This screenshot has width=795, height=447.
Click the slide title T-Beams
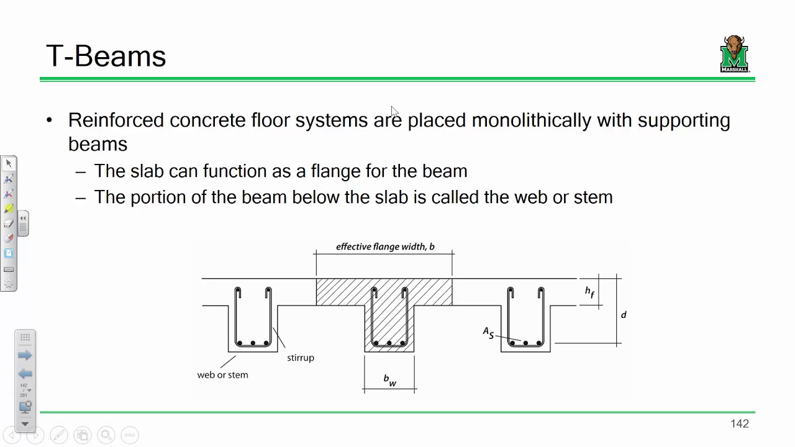106,56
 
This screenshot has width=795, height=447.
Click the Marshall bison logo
734,53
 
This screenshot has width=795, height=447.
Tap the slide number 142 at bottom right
740,423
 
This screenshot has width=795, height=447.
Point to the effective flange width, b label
385,246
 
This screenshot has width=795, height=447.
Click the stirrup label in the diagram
301,358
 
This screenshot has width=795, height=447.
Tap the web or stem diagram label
222,374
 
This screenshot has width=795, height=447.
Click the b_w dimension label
389,380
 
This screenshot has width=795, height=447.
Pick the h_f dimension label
589,292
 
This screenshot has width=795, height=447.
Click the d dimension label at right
624,314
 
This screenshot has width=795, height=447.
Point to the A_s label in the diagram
488,333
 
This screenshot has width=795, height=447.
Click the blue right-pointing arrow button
25,355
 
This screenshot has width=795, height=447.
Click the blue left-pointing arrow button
25,374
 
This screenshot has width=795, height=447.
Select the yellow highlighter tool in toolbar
9,208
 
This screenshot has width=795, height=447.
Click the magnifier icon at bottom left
106,435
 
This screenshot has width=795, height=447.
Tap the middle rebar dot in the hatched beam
389,343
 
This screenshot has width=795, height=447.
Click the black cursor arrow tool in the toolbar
9,163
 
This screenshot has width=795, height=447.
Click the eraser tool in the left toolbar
9,223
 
